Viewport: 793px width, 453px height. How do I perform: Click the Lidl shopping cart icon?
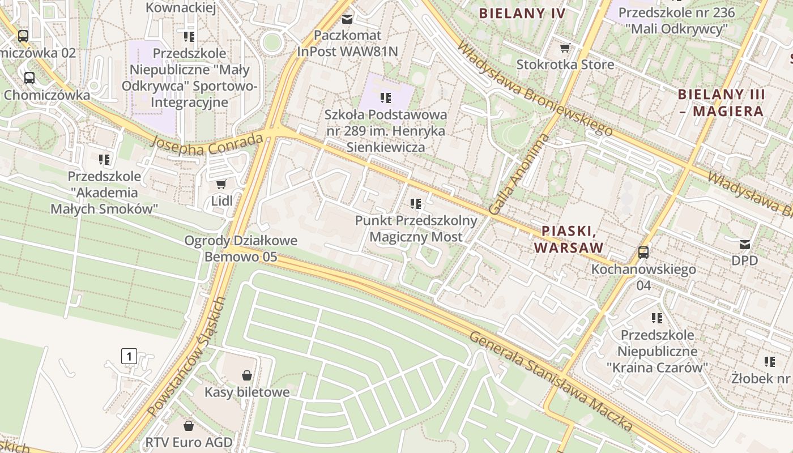[x=221, y=184]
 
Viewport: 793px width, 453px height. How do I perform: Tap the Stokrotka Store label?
[x=565, y=65]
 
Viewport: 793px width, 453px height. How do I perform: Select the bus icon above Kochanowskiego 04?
[x=643, y=252]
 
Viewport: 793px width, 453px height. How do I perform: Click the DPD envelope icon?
[x=744, y=244]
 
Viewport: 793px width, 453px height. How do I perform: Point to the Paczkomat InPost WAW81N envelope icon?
[x=347, y=19]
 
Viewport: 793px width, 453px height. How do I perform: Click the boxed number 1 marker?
[x=129, y=356]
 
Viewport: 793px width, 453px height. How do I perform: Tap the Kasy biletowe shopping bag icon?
[x=247, y=375]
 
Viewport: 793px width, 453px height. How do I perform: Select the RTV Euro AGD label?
[x=189, y=442]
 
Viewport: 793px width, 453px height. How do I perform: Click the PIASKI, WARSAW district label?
[x=568, y=240]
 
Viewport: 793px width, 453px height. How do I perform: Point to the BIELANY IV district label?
[x=522, y=14]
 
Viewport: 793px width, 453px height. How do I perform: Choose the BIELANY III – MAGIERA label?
[x=722, y=102]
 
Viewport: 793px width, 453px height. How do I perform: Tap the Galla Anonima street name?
[x=518, y=174]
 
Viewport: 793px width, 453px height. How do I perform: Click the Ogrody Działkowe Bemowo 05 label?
[x=241, y=249]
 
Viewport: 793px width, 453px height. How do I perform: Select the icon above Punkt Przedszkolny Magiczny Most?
[x=416, y=203]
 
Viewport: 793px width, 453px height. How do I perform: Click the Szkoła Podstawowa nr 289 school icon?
[x=386, y=98]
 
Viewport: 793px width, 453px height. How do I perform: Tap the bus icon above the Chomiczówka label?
[x=29, y=78]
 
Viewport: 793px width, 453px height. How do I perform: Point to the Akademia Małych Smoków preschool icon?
[x=104, y=159]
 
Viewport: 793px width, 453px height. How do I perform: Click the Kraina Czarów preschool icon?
[x=657, y=318]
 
